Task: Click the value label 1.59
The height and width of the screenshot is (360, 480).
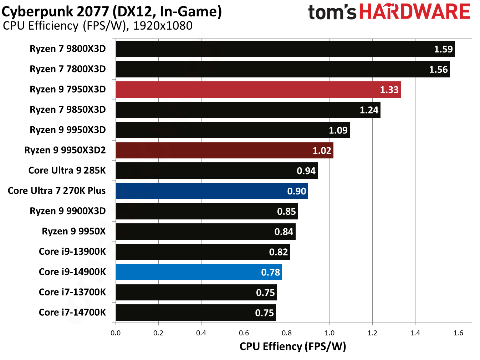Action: (443, 49)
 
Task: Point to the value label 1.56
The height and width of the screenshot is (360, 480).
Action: (438, 69)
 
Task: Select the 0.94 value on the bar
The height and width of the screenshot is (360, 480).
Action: (306, 171)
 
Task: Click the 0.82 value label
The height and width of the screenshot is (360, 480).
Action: (278, 252)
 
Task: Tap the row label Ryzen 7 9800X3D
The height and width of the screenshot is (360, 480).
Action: (68, 49)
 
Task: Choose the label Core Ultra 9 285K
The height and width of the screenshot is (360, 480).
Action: (67, 171)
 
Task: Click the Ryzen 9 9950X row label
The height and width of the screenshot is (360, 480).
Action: (74, 231)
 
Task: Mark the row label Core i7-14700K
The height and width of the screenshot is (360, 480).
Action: (72, 313)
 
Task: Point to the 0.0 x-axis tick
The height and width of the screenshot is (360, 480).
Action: (116, 333)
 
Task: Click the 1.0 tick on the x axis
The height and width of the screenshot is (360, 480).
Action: (330, 333)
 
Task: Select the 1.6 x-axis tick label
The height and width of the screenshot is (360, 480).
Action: (458, 333)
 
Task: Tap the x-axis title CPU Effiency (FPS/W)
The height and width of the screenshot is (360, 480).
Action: (293, 346)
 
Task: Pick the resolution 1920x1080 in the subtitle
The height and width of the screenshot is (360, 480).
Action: (163, 26)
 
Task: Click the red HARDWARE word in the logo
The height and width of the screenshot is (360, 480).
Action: (415, 12)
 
